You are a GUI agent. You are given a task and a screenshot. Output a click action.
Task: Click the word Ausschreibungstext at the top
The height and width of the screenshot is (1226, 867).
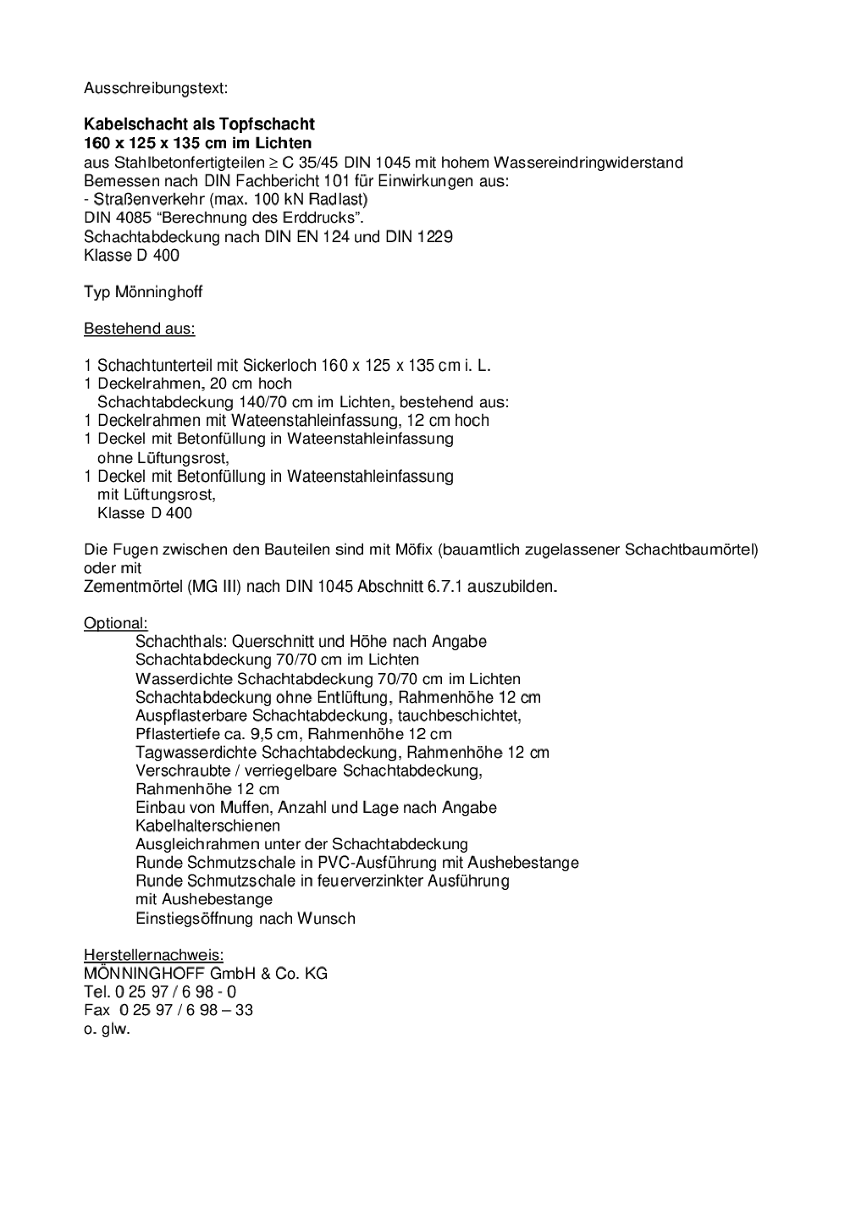click(x=155, y=87)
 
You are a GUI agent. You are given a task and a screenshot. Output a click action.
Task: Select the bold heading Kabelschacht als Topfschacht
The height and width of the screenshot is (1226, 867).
click(x=199, y=124)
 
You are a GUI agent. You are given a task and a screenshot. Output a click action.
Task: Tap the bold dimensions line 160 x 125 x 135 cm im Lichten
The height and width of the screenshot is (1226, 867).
click(x=197, y=143)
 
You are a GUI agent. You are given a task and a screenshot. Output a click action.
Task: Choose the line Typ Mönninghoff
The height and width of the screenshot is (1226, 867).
click(x=143, y=292)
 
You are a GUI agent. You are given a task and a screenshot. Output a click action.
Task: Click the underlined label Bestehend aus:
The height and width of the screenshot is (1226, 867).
click(x=139, y=329)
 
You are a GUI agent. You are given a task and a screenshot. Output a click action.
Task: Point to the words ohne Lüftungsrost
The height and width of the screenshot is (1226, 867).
click(x=163, y=458)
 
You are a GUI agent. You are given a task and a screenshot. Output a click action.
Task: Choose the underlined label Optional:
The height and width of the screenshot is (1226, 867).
click(x=115, y=623)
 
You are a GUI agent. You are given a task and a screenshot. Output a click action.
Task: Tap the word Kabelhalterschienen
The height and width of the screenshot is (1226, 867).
click(x=207, y=826)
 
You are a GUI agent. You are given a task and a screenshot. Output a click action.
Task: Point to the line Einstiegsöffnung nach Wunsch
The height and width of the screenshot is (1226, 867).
click(x=245, y=919)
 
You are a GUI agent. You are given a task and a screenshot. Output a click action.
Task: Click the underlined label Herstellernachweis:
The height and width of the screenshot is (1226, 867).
click(x=153, y=955)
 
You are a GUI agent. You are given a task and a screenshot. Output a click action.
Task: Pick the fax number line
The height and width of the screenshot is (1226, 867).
click(x=168, y=1010)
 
